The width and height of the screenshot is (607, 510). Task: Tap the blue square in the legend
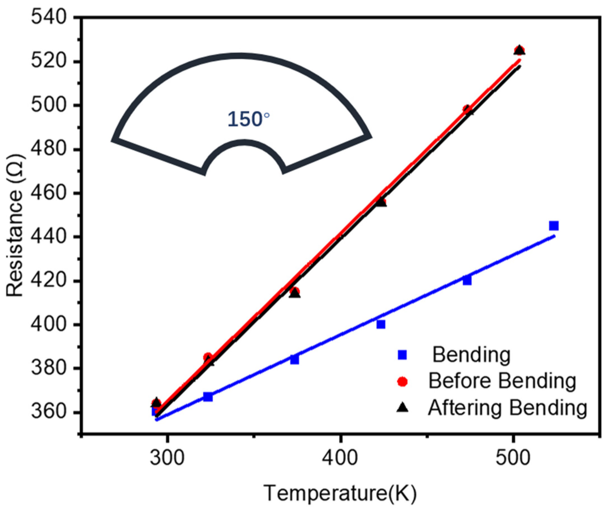click(x=402, y=355)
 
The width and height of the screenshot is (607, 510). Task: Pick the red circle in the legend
click(x=402, y=382)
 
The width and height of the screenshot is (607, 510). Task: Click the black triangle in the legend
click(x=402, y=408)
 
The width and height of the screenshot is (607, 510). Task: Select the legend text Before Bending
click(x=502, y=381)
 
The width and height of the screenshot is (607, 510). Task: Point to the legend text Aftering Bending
click(x=508, y=408)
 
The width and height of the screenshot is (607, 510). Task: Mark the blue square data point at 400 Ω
click(x=381, y=324)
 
